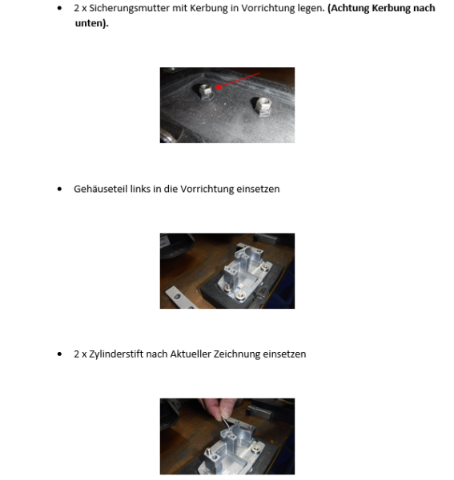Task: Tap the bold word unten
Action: (x=90, y=23)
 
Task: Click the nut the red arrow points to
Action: (x=203, y=88)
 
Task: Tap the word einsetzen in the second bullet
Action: (x=259, y=189)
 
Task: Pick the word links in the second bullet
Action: (x=139, y=189)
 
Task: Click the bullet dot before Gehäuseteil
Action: (x=61, y=190)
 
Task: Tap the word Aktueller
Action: (x=190, y=354)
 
